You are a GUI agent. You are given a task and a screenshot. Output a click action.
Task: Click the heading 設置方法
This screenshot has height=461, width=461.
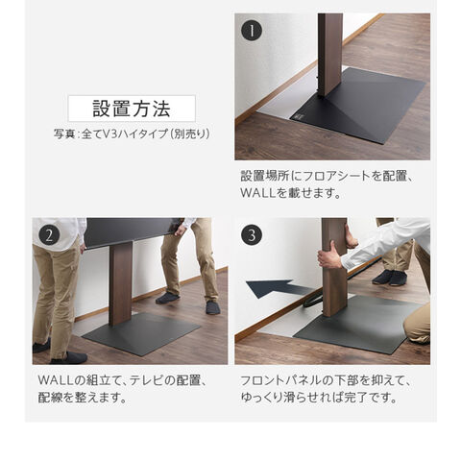click(x=132, y=109)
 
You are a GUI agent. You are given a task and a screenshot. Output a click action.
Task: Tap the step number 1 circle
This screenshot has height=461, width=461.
click(x=252, y=31)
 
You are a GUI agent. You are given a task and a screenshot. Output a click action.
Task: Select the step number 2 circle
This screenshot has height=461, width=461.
click(x=49, y=235)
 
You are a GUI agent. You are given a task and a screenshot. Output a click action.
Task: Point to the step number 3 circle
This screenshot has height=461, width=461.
click(x=252, y=235)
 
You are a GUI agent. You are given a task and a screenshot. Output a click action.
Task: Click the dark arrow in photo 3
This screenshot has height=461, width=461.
click(x=279, y=288)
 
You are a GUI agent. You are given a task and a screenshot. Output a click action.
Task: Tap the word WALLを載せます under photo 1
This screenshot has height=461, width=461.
click(x=290, y=193)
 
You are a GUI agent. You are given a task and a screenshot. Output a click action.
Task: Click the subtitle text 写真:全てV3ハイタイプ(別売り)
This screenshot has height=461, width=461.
click(x=132, y=133)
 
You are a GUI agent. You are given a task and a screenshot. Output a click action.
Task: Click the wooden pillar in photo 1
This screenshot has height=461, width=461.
click(x=329, y=55)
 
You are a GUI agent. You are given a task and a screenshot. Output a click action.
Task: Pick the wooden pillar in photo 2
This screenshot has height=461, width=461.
click(x=121, y=283)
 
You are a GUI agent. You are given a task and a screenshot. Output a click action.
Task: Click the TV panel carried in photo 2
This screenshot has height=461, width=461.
click(x=133, y=232)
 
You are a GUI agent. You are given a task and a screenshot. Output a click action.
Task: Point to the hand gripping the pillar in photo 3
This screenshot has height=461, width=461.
click(x=328, y=256)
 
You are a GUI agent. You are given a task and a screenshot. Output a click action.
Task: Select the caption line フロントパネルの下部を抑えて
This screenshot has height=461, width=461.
click(x=326, y=380)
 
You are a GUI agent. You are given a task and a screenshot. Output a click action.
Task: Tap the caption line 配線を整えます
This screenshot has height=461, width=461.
click(x=82, y=398)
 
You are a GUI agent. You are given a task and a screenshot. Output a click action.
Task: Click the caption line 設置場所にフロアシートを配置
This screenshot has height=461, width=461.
click(x=327, y=176)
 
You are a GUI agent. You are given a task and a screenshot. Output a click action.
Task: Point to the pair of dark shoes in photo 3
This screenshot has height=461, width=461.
click(x=389, y=278)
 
